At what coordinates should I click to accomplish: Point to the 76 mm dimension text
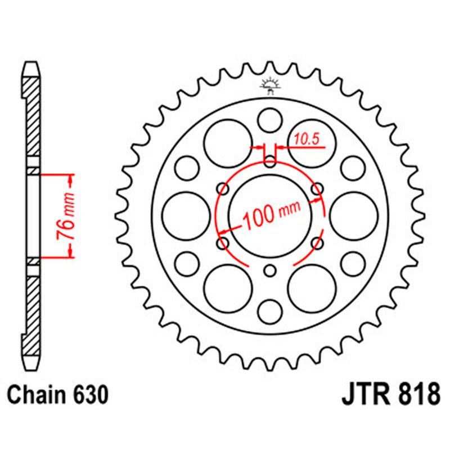pos(67,217)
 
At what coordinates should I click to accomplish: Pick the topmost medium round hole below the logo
pos(270,120)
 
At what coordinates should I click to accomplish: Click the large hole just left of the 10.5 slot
pos(227,144)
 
